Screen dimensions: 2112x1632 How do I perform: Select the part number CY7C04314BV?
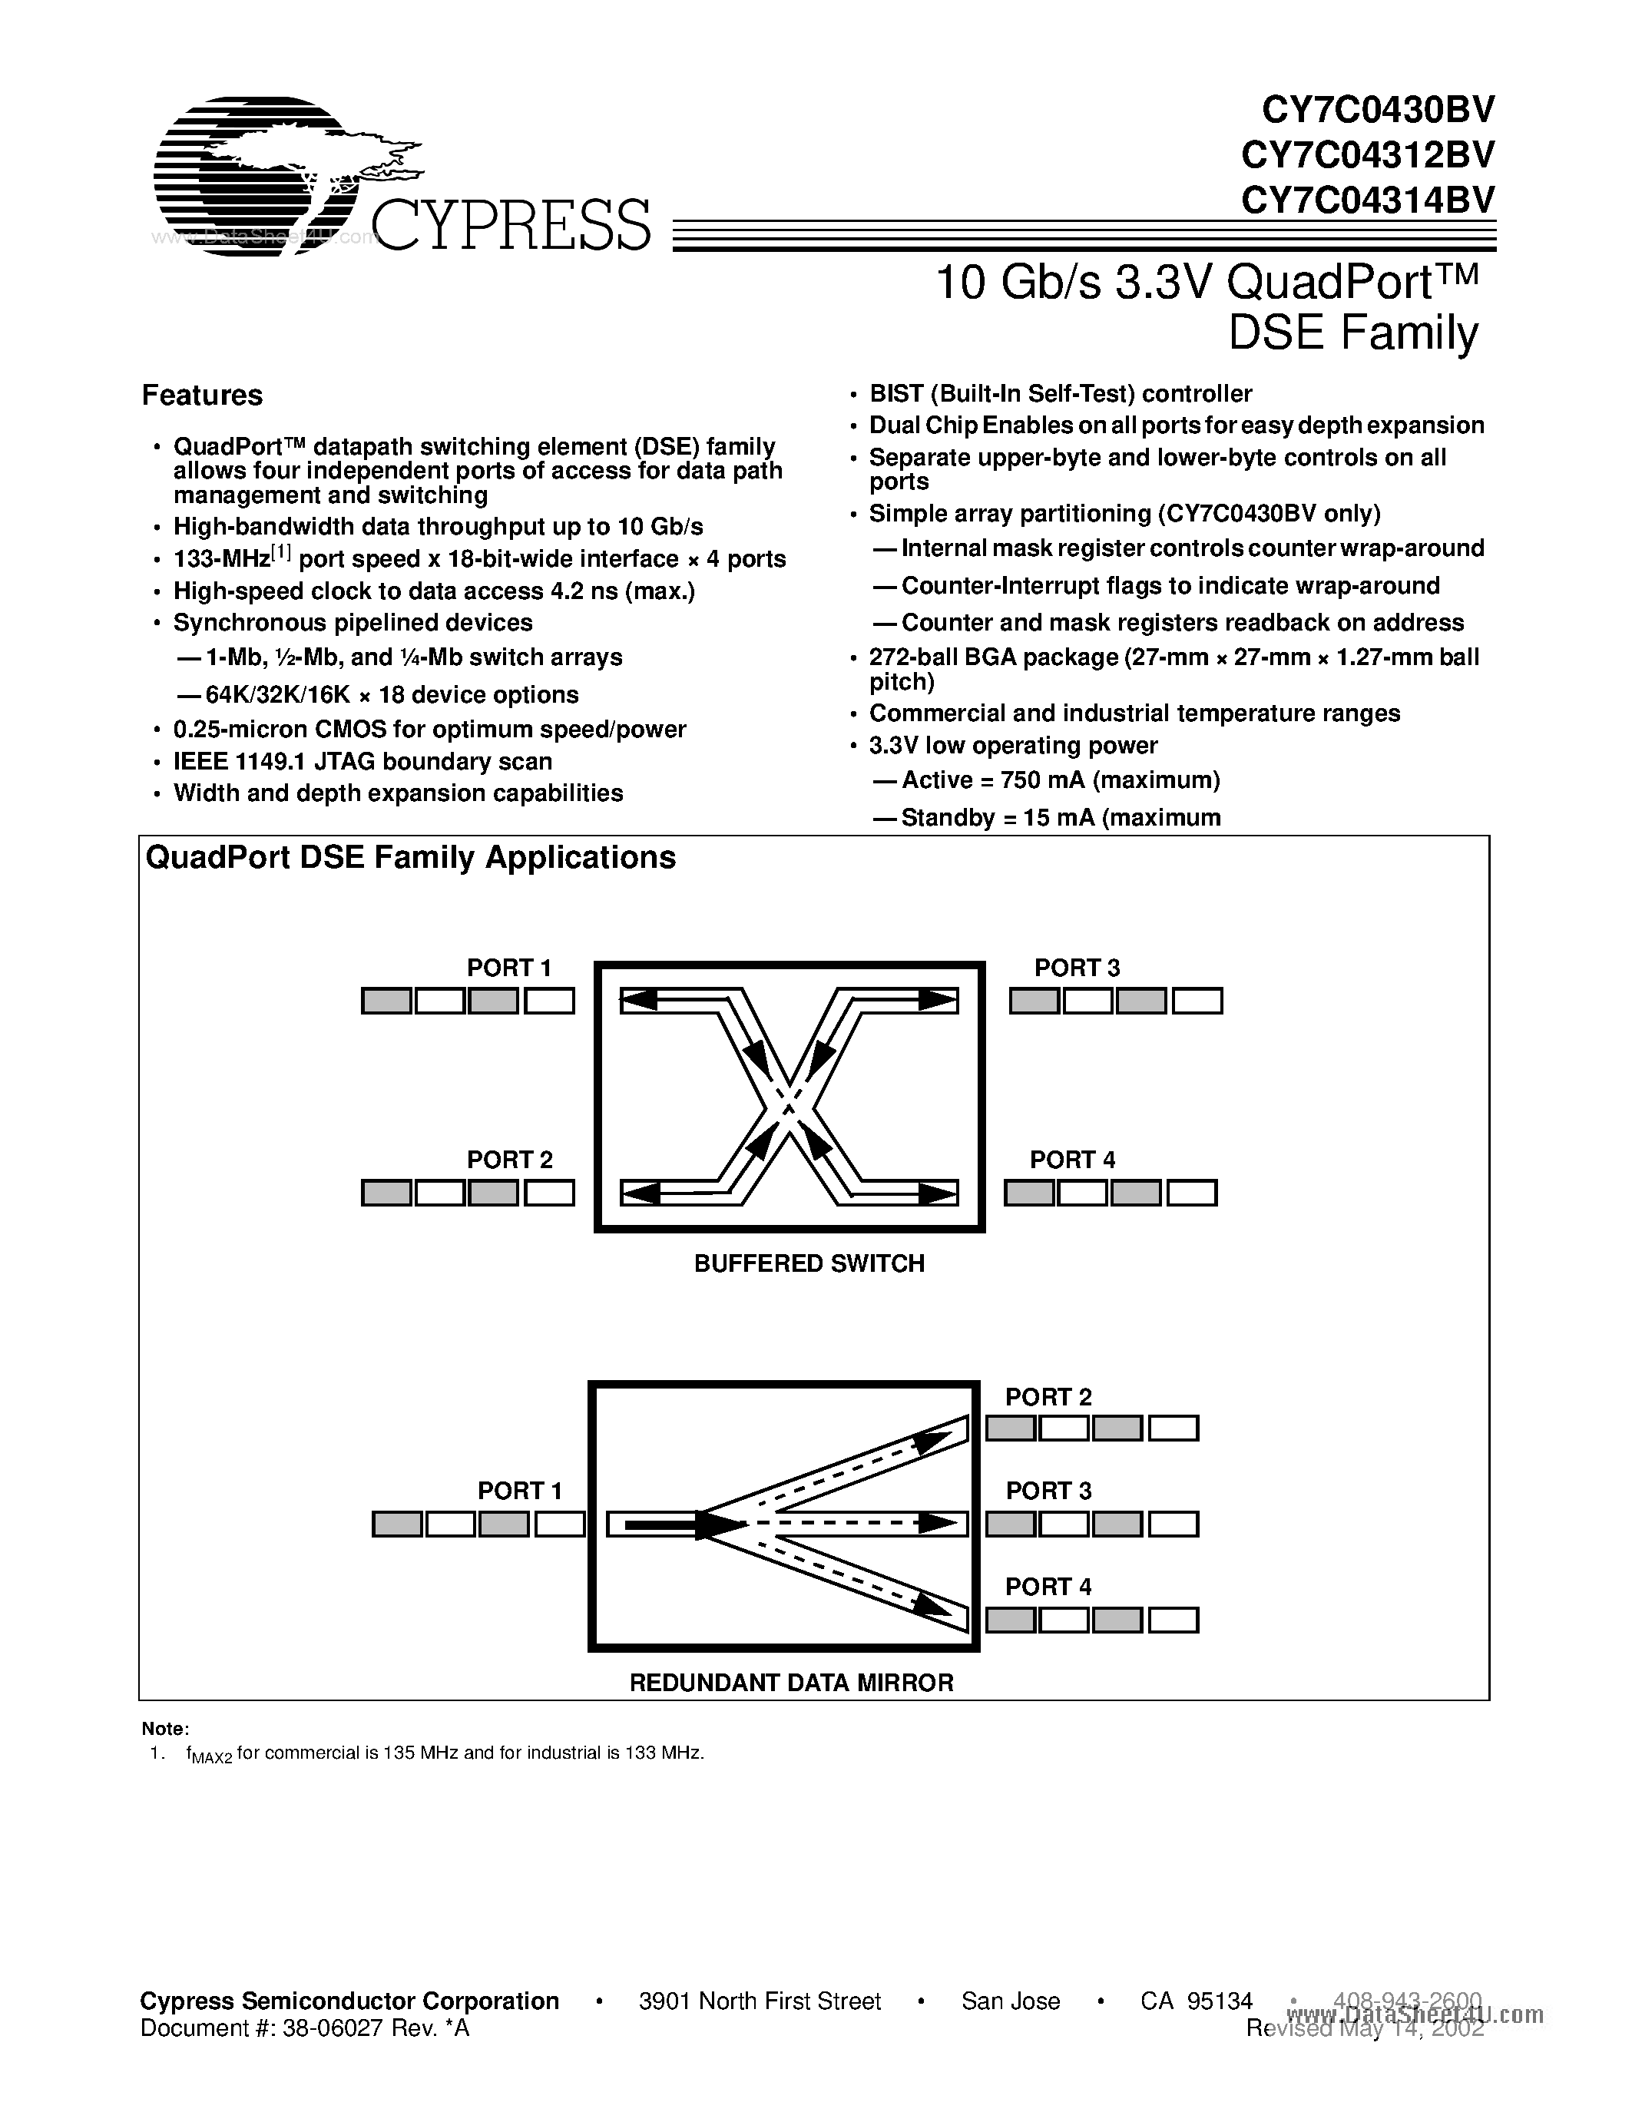pos(1367,200)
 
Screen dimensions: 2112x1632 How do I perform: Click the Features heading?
pos(202,396)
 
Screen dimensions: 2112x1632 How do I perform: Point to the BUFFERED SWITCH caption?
pos(809,1264)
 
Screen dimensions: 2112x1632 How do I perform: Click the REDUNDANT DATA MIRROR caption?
pos(791,1683)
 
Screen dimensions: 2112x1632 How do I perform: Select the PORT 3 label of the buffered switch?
pos(1076,968)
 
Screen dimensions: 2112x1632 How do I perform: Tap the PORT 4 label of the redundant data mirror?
pos(1048,1587)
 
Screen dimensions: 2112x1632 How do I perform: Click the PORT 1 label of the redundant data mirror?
pos(519,1491)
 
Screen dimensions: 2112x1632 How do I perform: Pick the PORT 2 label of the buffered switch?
pos(508,1160)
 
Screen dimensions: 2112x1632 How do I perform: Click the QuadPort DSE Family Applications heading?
pos(410,858)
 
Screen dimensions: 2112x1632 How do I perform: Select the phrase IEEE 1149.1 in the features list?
pos(231,762)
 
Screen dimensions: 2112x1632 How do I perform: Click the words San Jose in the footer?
pos(1011,2001)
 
